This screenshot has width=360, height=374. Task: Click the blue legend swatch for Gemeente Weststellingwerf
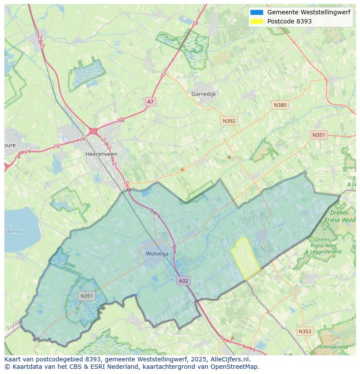(257, 12)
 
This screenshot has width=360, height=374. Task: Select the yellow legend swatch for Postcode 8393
(257, 21)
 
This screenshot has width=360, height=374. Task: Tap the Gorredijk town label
(203, 94)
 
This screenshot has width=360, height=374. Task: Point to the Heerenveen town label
(101, 154)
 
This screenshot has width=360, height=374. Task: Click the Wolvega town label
(157, 254)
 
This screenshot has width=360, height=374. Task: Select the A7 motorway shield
(150, 102)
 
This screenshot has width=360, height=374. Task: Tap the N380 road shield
(280, 105)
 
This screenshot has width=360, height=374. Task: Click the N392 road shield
(229, 121)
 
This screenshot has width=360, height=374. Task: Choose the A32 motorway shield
(183, 281)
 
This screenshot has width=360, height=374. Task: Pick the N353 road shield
(304, 331)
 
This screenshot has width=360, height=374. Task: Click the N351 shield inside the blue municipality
(87, 296)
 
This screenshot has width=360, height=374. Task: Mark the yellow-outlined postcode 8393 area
(246, 259)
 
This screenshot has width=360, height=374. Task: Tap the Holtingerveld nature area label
(333, 347)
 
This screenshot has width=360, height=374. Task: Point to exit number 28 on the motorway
(195, 23)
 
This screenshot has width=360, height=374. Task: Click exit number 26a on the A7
(120, 121)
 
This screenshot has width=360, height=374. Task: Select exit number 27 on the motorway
(163, 75)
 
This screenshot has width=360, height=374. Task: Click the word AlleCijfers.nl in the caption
(230, 359)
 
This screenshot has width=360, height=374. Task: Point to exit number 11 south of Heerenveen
(114, 164)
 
